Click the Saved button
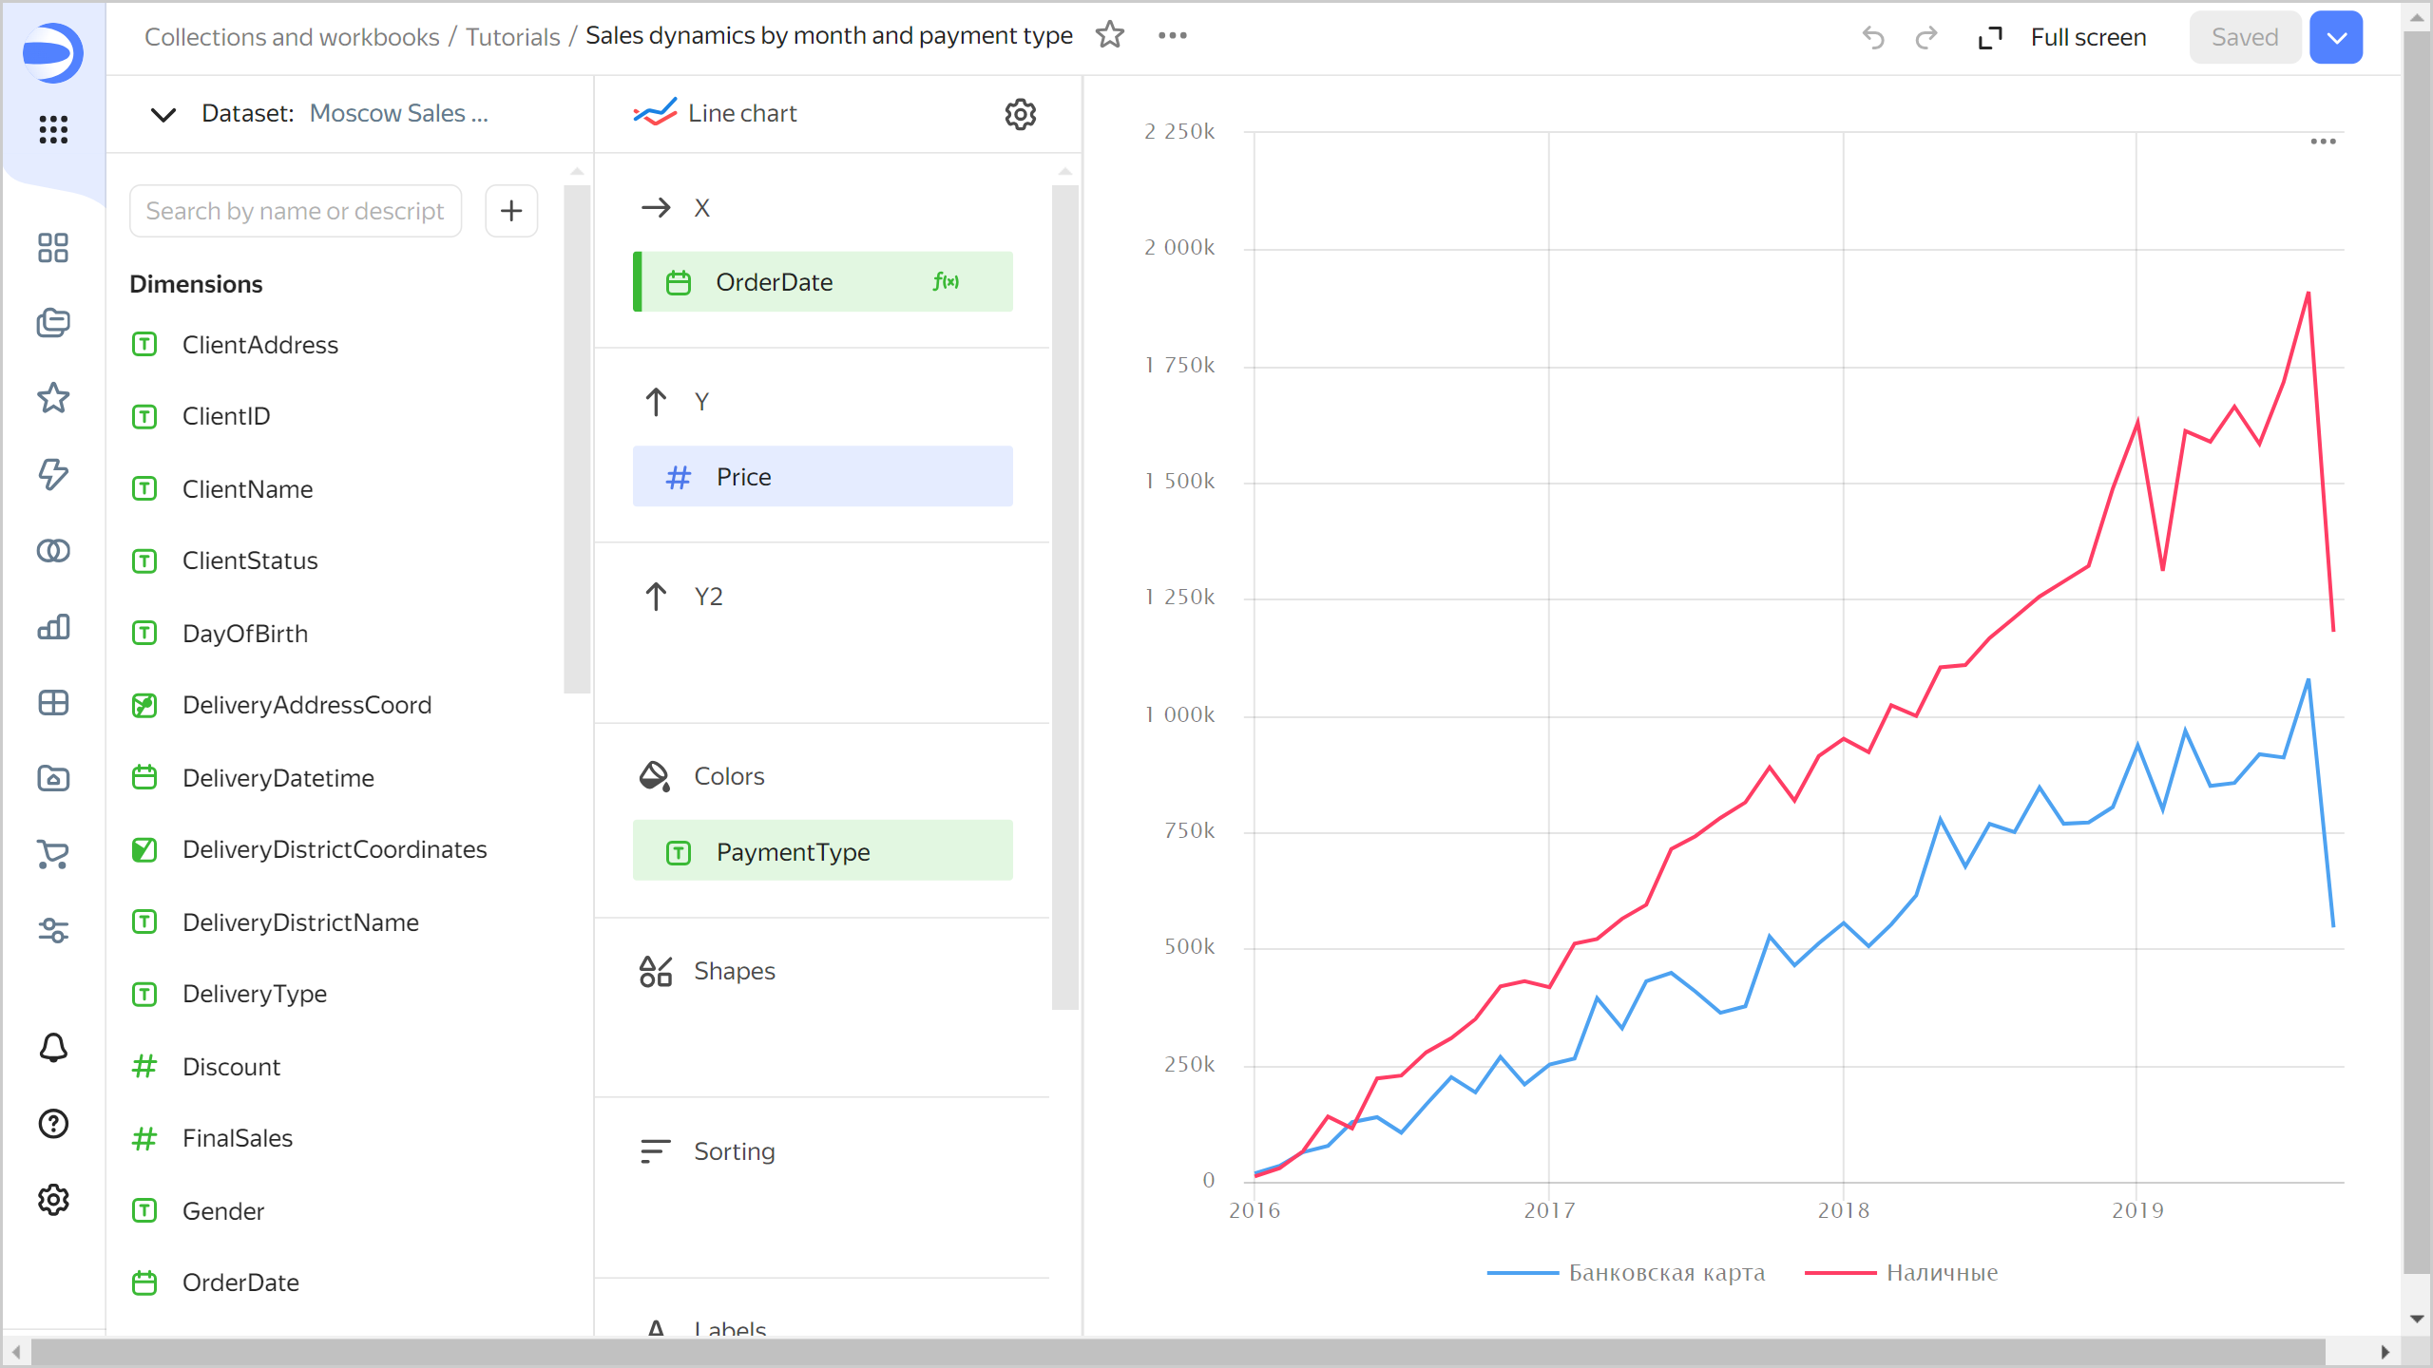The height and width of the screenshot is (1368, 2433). coord(2244,37)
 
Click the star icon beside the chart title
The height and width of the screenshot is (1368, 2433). coord(1109,35)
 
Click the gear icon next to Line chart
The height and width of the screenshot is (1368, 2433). coord(1020,114)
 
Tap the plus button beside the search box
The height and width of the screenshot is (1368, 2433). coord(511,211)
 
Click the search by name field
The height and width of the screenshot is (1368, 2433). coord(296,211)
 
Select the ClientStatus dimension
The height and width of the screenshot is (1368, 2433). coord(250,560)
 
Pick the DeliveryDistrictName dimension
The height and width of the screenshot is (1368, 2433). coord(300,921)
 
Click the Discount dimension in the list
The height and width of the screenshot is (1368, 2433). coord(231,1066)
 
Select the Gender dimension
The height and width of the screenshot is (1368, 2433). coord(223,1210)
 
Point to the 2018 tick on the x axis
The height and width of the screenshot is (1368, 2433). coord(1843,1209)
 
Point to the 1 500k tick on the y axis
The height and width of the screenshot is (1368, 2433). coord(1179,482)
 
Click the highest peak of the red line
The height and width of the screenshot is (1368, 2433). coord(2308,293)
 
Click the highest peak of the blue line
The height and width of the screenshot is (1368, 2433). coord(2308,679)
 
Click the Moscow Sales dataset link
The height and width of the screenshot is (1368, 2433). coord(398,113)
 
